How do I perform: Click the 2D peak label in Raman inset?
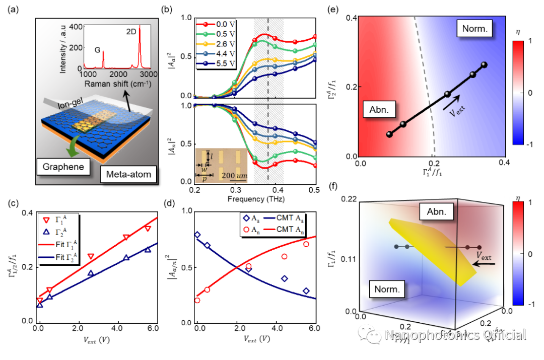[x=131, y=32]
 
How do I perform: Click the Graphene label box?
[x=63, y=167]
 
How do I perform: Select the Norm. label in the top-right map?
[x=474, y=29]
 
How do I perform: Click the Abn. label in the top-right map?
[x=379, y=109]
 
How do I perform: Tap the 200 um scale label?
[x=232, y=175]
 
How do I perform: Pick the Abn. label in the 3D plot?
[x=436, y=211]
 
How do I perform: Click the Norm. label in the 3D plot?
[x=387, y=289]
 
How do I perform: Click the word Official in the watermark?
[x=502, y=335]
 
